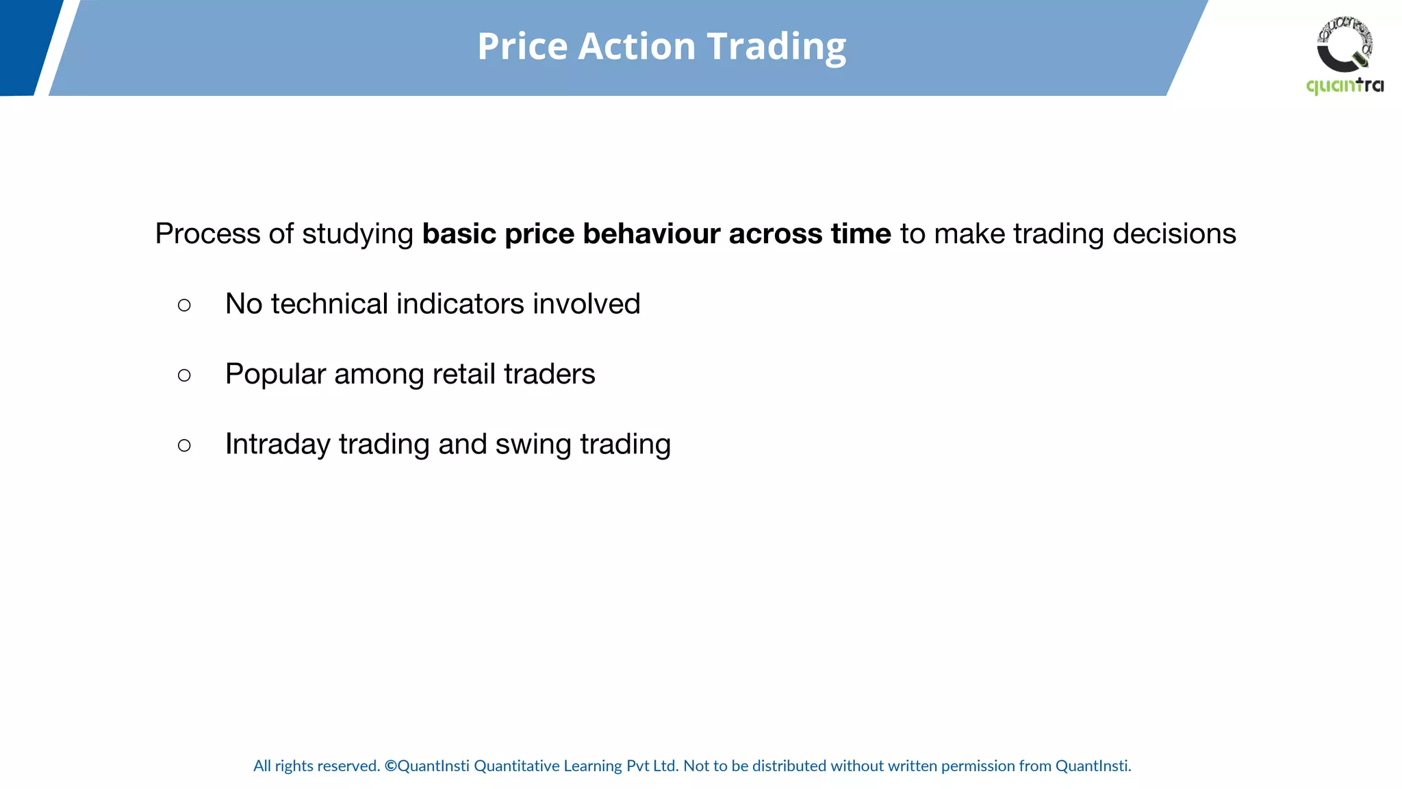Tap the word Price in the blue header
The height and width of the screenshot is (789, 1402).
tap(522, 47)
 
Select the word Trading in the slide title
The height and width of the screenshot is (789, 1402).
tap(776, 47)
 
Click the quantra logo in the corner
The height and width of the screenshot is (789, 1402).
tap(1344, 55)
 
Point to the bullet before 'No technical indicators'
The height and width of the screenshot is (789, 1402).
tap(184, 305)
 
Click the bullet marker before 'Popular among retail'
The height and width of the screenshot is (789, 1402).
tap(184, 375)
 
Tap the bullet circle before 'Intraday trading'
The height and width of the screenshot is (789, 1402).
tap(184, 445)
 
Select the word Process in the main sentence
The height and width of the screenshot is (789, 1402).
tap(207, 234)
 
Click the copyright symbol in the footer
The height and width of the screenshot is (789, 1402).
tap(390, 766)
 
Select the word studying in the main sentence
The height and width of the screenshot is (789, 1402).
tap(357, 234)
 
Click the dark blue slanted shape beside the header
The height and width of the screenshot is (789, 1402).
tap(27, 47)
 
